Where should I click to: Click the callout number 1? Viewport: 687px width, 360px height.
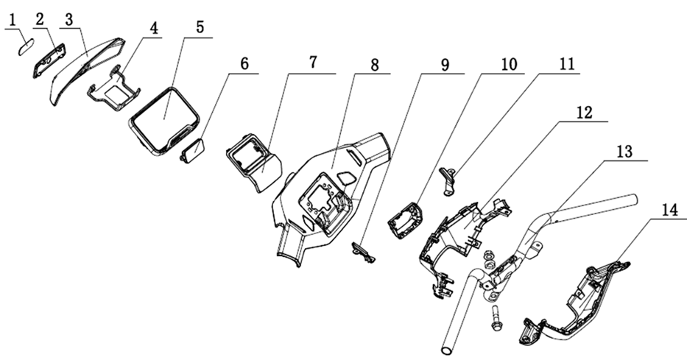point(13,20)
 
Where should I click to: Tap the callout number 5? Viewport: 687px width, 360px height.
point(200,27)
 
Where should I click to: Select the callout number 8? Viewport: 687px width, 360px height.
point(374,65)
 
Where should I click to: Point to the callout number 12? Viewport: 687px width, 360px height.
point(584,112)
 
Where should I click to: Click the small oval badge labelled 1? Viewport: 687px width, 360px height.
point(26,47)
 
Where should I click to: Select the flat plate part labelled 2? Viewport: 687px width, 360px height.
point(49,60)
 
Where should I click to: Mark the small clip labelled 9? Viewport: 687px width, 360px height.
point(363,253)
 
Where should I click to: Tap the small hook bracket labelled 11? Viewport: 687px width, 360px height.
point(448,182)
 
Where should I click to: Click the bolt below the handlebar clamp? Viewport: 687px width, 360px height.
point(495,317)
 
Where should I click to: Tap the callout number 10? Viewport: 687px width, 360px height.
point(508,65)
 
